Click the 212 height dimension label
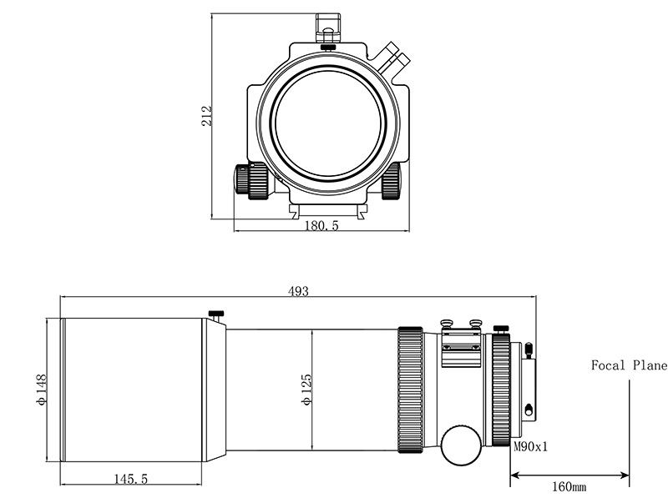point(206,115)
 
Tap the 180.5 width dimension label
point(321,225)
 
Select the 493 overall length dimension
point(298,291)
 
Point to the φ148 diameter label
point(41,390)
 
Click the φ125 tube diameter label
point(306,390)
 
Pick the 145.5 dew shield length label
point(130,479)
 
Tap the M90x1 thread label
point(530,447)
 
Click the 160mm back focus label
point(569,486)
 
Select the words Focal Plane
point(629,365)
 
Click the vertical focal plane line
point(630,433)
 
